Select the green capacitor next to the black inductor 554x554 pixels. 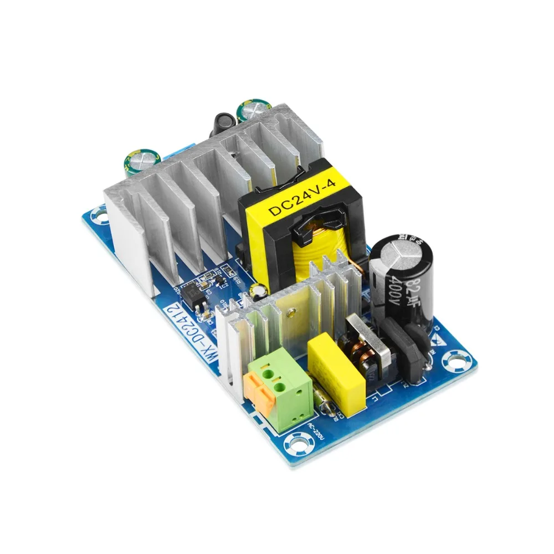(247, 111)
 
